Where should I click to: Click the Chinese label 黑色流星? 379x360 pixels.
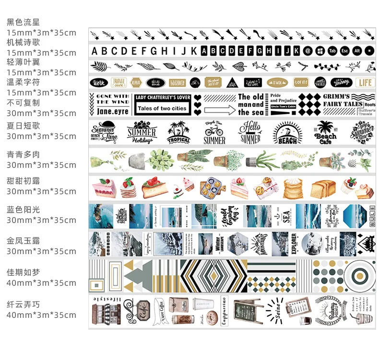(23, 22)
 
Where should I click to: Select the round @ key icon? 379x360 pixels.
(308, 51)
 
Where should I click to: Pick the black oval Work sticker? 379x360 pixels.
(99, 82)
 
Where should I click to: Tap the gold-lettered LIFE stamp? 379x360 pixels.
(366, 82)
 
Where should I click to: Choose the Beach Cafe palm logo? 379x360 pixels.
(326, 133)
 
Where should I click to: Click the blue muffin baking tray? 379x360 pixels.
(208, 187)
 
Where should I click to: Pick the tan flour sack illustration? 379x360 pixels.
(291, 188)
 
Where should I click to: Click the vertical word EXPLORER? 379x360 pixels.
(294, 245)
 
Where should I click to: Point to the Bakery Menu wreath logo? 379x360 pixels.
(326, 309)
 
